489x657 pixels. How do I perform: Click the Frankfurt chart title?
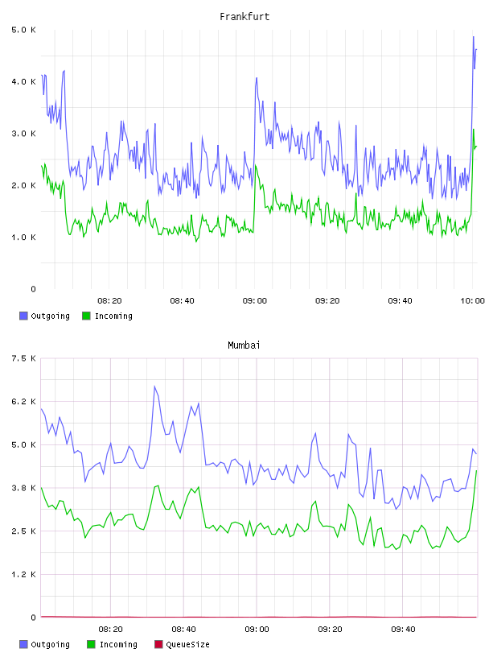[244, 17]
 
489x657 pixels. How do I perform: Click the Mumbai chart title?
[244, 345]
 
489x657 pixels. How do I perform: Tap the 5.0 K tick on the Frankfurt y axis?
[23, 30]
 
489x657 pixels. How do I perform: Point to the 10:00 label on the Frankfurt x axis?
[472, 301]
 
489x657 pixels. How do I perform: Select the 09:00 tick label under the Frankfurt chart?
[254, 301]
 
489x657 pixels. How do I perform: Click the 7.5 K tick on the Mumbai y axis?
[23, 358]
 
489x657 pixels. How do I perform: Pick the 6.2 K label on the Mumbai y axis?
[23, 402]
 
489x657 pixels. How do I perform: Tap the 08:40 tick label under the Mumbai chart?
[183, 630]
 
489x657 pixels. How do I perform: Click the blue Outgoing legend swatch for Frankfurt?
[23, 316]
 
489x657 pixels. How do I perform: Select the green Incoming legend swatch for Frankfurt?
[86, 316]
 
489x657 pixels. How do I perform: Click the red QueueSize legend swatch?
[158, 644]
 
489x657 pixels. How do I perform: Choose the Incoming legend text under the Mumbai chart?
[118, 644]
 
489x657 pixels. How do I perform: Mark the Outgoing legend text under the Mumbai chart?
[50, 644]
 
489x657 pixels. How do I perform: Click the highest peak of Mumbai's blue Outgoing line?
[154, 386]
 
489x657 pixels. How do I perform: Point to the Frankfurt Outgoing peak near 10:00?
[474, 37]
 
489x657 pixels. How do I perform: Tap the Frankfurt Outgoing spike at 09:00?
[257, 78]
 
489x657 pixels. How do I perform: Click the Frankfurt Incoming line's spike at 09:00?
[256, 166]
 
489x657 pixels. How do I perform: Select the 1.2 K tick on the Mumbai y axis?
[23, 574]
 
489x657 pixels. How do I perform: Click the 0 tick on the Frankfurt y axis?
[34, 289]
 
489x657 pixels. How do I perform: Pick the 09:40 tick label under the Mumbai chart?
[403, 630]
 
